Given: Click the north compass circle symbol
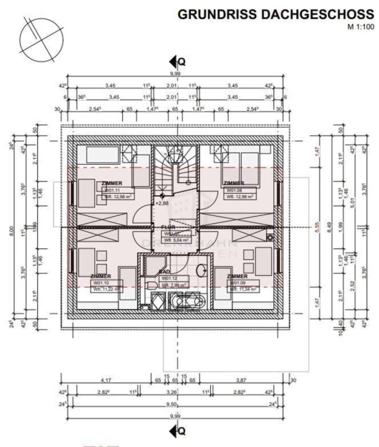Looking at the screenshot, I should coord(41,38).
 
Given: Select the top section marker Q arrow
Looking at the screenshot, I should coord(177,62).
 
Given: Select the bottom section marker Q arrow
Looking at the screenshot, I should coord(177,430).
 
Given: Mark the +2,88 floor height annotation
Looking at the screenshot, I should coord(162,203).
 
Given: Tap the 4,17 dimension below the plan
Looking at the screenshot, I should coord(105,380).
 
